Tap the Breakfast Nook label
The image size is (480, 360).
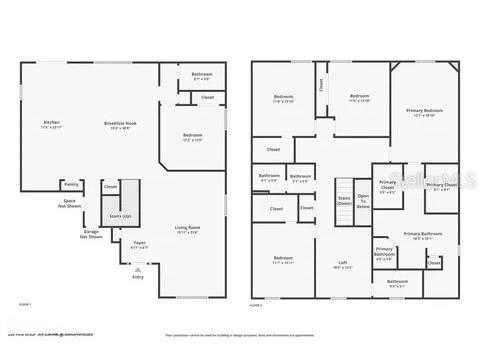coord(119,125)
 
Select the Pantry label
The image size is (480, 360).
coord(71,184)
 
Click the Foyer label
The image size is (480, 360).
coord(139,242)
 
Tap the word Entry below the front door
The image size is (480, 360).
coord(138,277)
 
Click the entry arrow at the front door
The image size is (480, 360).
coord(138,268)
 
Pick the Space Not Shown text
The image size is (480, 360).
coord(70,204)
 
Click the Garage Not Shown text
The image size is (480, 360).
coord(91,233)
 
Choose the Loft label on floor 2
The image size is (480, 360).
coord(342,266)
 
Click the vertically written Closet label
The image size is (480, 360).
coord(321,86)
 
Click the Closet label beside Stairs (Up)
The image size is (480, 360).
coord(111,186)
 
